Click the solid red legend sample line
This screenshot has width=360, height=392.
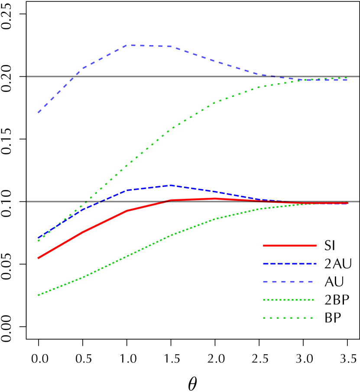(x=289, y=246)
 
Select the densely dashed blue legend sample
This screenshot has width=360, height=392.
(x=289, y=263)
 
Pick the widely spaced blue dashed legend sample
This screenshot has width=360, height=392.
(x=288, y=282)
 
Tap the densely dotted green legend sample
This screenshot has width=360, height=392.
(x=289, y=300)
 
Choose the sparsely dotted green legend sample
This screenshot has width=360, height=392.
(x=288, y=318)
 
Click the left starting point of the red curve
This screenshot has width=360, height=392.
(x=38, y=258)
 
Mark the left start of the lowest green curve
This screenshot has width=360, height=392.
(x=38, y=295)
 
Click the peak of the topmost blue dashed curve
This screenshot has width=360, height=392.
(x=130, y=45)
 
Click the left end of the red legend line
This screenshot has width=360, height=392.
(x=263, y=246)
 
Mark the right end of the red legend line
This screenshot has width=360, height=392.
(x=316, y=246)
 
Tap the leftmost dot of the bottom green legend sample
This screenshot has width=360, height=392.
(x=264, y=318)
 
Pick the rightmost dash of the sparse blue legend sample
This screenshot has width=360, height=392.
(x=310, y=282)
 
